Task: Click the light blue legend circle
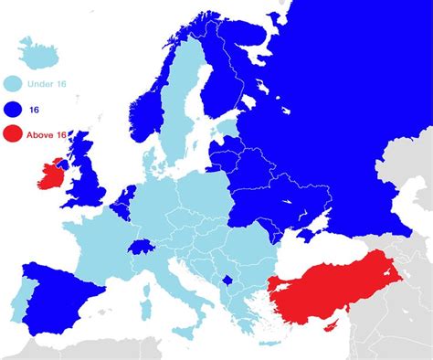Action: coord(13,84)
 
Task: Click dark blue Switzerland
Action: coord(143,247)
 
